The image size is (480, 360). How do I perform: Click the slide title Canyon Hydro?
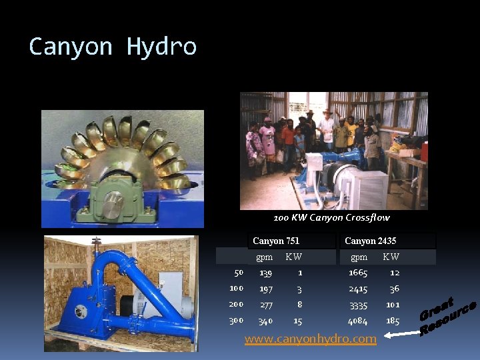coord(113,47)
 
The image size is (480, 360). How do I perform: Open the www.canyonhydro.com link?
coord(310,339)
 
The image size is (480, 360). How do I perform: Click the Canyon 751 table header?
coord(276,241)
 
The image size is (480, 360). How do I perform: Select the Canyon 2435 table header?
coord(370,241)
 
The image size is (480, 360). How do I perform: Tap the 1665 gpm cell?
coord(358,273)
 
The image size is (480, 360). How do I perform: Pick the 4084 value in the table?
coord(358,321)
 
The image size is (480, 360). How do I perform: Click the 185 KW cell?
coord(393,321)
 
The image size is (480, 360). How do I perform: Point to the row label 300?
coord(236,321)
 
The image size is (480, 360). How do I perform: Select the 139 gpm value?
coord(265,273)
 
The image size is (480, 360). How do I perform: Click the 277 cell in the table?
coord(265,305)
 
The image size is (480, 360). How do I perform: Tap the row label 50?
coord(239,272)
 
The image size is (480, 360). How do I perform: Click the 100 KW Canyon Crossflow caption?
coord(331,218)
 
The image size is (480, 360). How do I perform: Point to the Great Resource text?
coord(446,317)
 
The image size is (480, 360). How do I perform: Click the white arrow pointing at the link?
coord(398,336)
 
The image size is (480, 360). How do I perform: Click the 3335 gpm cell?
coord(358,305)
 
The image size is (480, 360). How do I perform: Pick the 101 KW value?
coord(393,305)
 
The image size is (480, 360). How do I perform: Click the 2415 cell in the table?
coord(358,289)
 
